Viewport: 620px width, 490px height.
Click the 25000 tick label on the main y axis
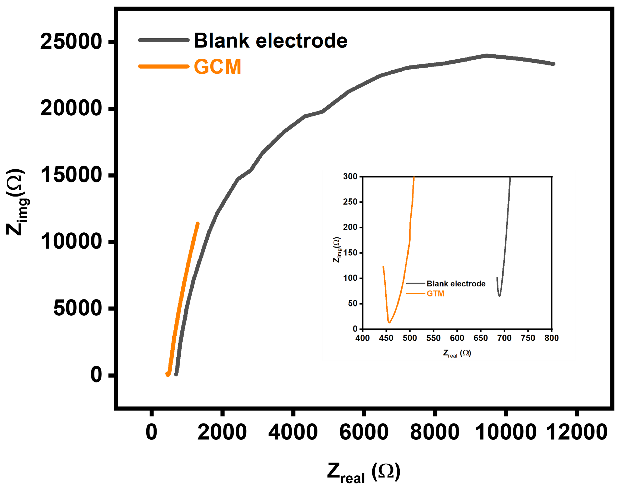click(71, 42)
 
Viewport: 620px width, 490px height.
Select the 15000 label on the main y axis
click(71, 175)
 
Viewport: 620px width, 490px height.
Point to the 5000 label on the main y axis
click(77, 308)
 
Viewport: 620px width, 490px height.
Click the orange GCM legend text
click(217, 67)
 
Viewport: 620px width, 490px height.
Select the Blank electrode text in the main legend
click(271, 40)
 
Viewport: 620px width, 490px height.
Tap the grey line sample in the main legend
click(164, 40)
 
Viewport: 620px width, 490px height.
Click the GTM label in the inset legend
click(435, 294)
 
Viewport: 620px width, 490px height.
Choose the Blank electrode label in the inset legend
click(456, 284)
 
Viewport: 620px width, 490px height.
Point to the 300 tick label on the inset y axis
click(350, 176)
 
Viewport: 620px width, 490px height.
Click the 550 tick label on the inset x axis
click(433, 338)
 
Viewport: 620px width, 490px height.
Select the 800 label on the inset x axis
click(551, 338)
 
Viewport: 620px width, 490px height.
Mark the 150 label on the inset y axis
click(350, 253)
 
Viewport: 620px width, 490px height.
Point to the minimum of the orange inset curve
click(389, 323)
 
